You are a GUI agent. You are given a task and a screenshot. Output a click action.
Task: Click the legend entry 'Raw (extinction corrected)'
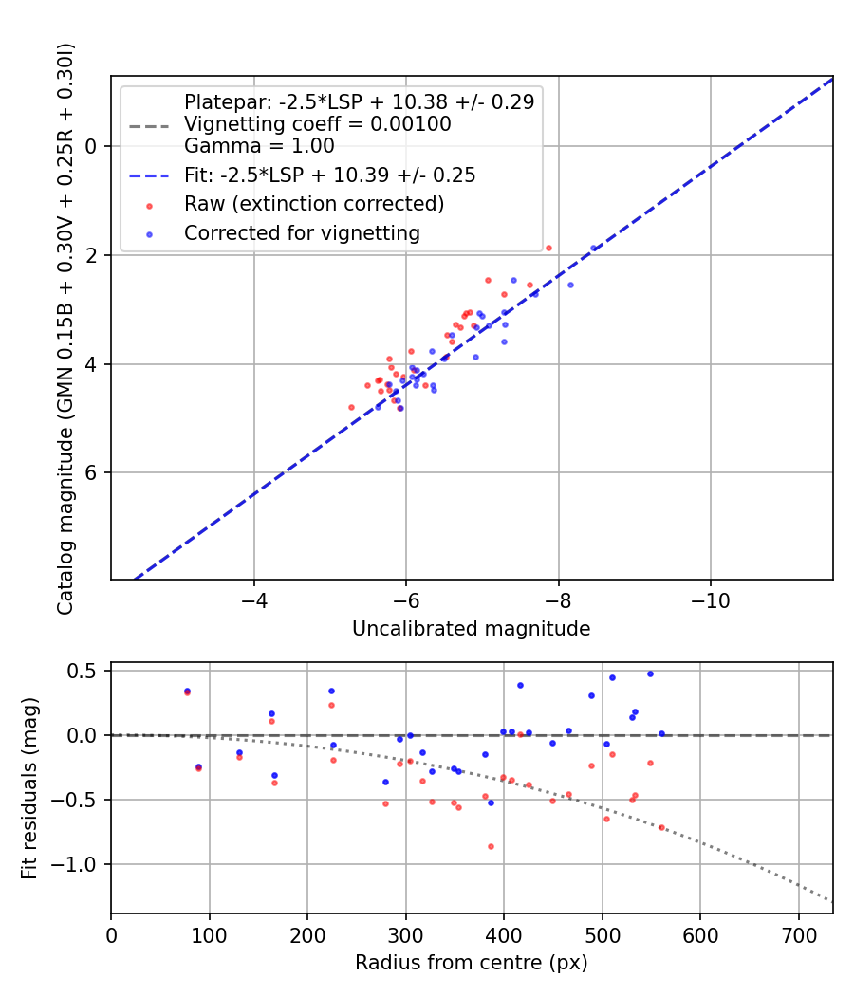313,204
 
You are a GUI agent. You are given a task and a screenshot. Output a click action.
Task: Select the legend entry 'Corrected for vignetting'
302,232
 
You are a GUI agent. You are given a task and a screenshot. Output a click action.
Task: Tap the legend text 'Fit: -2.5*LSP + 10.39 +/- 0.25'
329,175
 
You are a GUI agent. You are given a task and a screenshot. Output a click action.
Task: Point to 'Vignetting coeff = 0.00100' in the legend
317,124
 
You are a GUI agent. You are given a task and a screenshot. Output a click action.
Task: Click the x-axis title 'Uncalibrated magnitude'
471,629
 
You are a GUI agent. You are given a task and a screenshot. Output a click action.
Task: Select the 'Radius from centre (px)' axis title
471,963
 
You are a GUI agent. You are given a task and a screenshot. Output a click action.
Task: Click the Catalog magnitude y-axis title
65,327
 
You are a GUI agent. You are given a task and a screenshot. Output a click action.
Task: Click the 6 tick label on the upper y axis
91,473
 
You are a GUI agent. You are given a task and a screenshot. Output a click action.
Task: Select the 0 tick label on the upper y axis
91,146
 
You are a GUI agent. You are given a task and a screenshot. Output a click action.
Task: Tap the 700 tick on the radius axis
799,935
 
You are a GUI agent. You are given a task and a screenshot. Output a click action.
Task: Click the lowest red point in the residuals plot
491,846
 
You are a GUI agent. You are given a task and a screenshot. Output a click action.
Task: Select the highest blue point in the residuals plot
650,673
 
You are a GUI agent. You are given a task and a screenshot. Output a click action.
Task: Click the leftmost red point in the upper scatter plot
351,407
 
